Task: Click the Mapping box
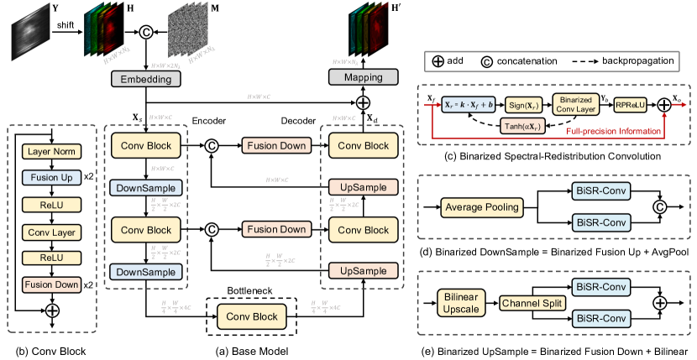click(x=364, y=78)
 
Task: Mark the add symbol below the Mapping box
click(x=363, y=102)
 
